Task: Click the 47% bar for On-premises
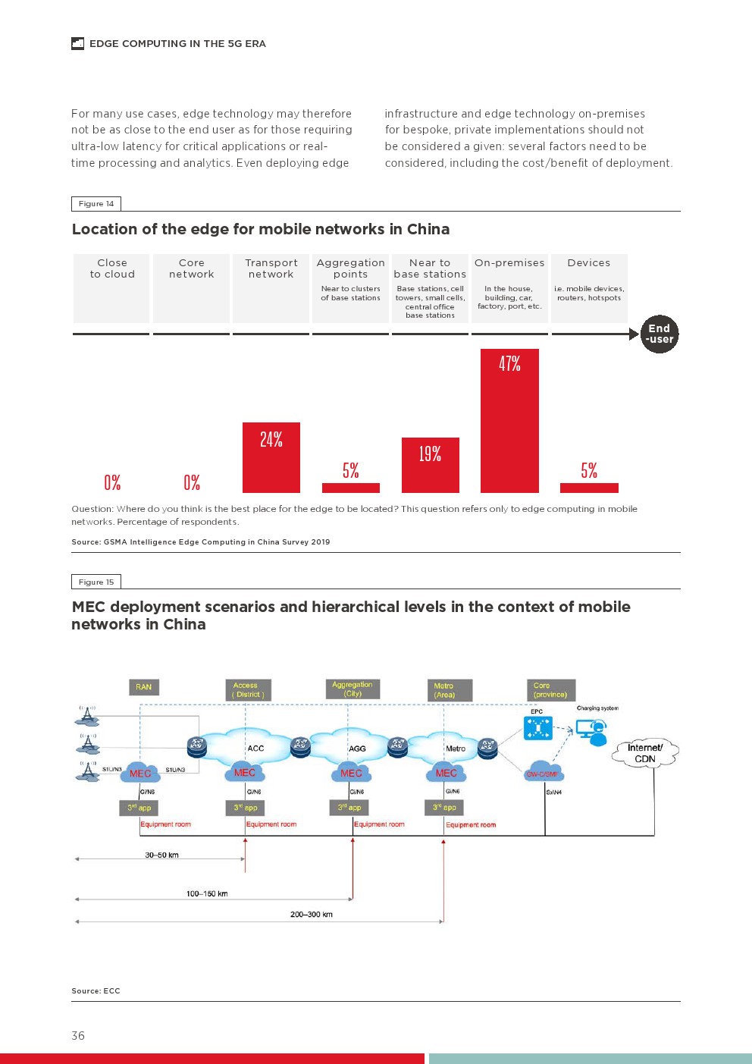pyautogui.click(x=509, y=421)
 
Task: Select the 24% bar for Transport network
pyautogui.click(x=271, y=457)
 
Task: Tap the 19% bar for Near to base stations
pyautogui.click(x=430, y=465)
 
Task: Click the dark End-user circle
pyautogui.click(x=659, y=334)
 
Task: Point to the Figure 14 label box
pyautogui.click(x=96, y=203)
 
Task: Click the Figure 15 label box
pyautogui.click(x=96, y=582)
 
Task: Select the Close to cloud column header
pyautogui.click(x=112, y=268)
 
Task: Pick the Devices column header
pyautogui.click(x=589, y=263)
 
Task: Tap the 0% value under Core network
pyautogui.click(x=192, y=482)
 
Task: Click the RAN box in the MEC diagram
pyautogui.click(x=143, y=687)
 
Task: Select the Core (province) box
pyautogui.click(x=550, y=690)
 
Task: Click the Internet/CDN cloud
pyautogui.click(x=645, y=753)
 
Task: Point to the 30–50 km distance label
pyautogui.click(x=161, y=855)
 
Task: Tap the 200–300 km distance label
pyautogui.click(x=311, y=914)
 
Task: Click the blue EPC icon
pyautogui.click(x=538, y=728)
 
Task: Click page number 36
pyautogui.click(x=78, y=1035)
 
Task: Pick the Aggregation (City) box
pyautogui.click(x=352, y=689)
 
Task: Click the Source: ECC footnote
pyautogui.click(x=96, y=990)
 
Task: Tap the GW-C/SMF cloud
pyautogui.click(x=542, y=772)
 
